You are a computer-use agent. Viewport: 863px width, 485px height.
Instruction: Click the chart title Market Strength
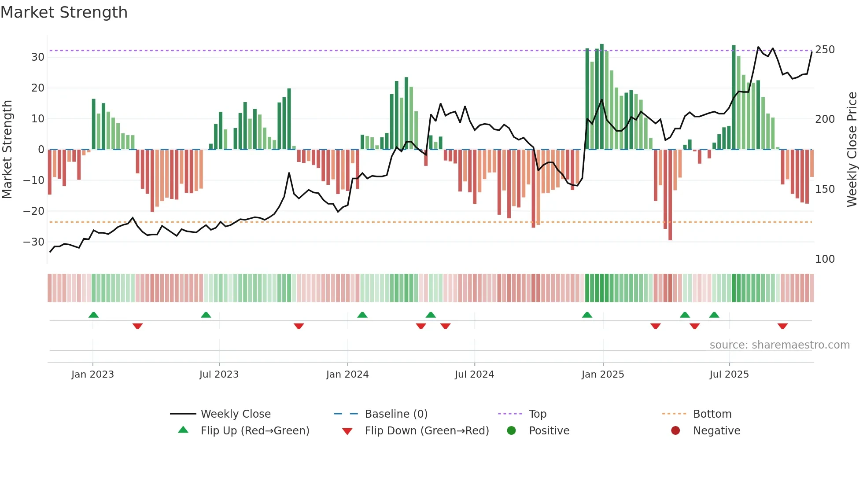(64, 12)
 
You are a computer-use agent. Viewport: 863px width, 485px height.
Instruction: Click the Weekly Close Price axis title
(852, 149)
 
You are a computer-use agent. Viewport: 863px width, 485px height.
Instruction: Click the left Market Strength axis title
(7, 149)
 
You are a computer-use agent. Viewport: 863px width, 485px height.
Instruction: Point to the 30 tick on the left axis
(37, 57)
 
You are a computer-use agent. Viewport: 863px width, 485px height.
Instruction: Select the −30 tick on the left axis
(34, 242)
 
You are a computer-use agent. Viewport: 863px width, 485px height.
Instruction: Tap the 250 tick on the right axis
(825, 50)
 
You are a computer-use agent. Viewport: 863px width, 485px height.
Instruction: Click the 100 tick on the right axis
(825, 259)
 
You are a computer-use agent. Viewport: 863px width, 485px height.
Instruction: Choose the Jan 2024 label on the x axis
(347, 375)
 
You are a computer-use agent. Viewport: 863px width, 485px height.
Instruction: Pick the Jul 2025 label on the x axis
(729, 375)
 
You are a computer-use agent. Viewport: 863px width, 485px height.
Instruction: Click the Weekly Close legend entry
(236, 414)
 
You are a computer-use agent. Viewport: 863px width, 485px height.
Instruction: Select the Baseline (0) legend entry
(396, 414)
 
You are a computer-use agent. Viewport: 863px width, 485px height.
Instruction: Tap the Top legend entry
(537, 414)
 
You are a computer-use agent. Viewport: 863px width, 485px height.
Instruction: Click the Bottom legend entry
(712, 414)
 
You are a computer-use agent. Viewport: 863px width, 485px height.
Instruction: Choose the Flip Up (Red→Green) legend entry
(254, 431)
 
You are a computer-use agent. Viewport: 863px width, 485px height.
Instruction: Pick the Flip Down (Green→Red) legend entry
(427, 431)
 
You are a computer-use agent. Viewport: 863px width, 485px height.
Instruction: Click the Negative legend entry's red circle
(675, 431)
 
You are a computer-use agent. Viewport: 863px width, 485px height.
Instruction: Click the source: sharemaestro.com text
(779, 345)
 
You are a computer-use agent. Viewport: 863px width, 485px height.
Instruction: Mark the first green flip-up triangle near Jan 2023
(93, 315)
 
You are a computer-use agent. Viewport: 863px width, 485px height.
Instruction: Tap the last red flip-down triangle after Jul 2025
(782, 326)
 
